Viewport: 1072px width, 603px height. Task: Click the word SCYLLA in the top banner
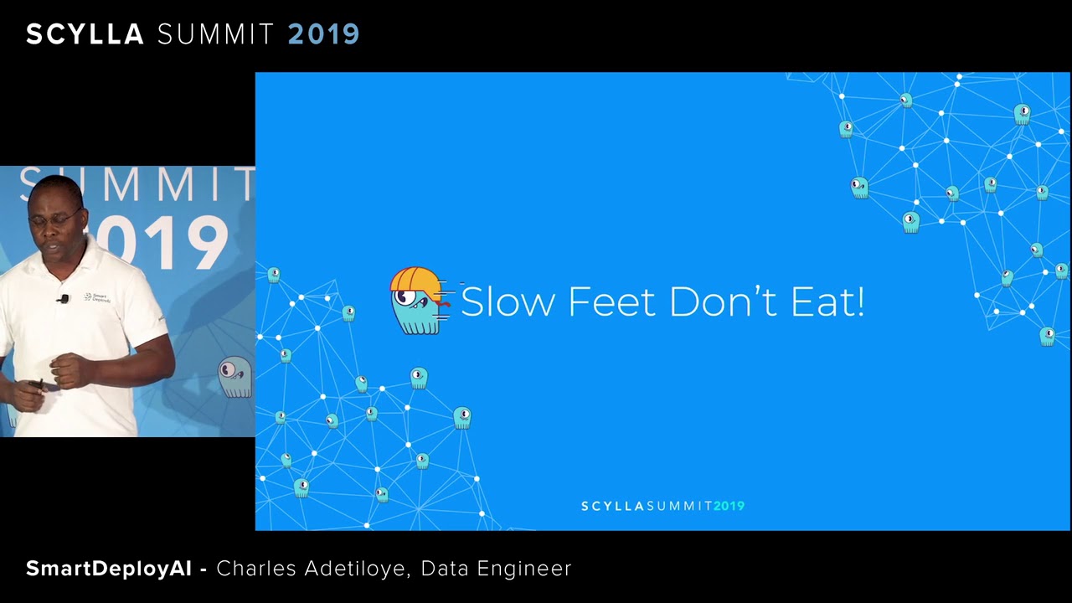[85, 34]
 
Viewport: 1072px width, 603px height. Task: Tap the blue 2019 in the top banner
[323, 34]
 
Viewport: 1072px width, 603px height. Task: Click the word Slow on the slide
[508, 301]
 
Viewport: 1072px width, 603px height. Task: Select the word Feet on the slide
[611, 301]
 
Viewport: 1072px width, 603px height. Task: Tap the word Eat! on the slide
[828, 301]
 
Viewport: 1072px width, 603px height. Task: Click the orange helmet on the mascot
[415, 282]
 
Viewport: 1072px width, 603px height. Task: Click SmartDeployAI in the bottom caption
[109, 569]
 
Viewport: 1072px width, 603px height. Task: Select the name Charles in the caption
[256, 569]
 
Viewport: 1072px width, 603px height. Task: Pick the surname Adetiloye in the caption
[356, 569]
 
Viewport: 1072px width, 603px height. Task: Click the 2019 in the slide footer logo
[729, 506]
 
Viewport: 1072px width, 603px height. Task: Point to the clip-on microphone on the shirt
[63, 299]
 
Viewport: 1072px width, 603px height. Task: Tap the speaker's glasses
[54, 219]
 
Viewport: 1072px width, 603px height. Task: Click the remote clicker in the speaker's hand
[36, 384]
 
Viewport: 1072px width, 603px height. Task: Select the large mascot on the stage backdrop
[235, 377]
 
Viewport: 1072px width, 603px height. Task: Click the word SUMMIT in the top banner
[215, 34]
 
